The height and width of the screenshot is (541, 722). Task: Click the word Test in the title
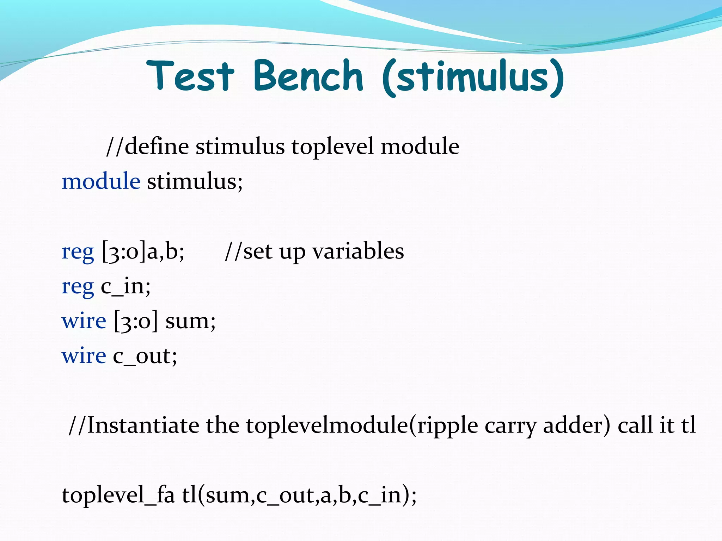point(190,76)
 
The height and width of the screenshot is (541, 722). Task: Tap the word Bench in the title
point(308,76)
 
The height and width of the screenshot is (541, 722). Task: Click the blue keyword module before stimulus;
point(101,182)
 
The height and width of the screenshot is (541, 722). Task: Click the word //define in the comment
point(147,147)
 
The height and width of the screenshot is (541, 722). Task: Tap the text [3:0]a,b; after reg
point(143,252)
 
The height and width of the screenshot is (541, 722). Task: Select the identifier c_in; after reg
point(126,286)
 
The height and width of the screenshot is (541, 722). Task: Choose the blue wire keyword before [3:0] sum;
point(84,321)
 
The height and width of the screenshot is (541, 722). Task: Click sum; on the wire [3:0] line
point(190,321)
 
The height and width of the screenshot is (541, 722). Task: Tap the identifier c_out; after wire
point(145,356)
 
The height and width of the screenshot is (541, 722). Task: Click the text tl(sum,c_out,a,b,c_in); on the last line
point(299,495)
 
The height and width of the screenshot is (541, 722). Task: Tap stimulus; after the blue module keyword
point(195,182)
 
